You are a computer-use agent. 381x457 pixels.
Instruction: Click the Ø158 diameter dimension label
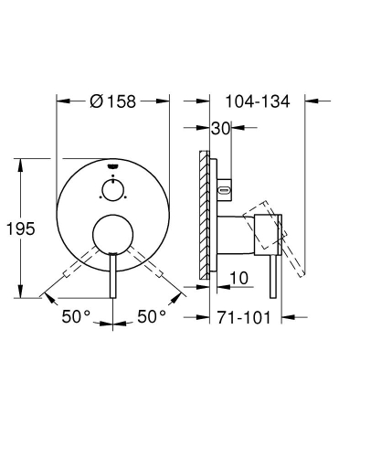[113, 101]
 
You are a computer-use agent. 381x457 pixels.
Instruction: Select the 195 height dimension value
[25, 228]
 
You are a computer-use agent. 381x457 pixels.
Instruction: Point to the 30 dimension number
[219, 129]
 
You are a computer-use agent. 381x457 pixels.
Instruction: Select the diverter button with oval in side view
[226, 190]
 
